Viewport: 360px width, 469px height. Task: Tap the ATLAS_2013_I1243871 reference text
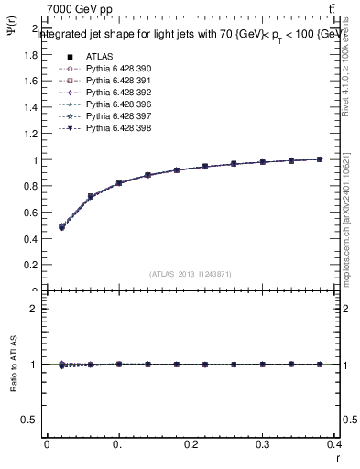click(x=191, y=274)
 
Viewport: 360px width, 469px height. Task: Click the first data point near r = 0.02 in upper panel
click(x=61, y=226)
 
